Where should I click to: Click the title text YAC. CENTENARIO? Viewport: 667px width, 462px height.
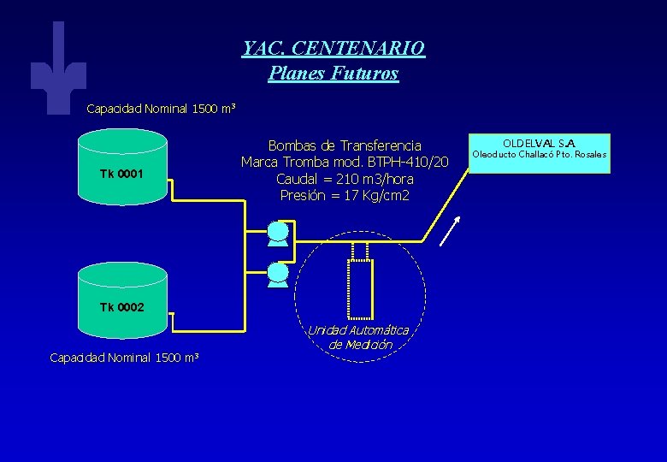click(333, 48)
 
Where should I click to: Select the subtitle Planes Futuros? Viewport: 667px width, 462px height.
click(333, 74)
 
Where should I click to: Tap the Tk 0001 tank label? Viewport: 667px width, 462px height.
click(121, 175)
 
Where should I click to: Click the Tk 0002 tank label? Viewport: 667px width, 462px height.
click(121, 307)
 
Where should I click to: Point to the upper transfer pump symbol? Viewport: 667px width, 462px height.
click(278, 233)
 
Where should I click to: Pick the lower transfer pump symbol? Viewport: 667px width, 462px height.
click(278, 275)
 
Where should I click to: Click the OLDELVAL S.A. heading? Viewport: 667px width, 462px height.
click(539, 142)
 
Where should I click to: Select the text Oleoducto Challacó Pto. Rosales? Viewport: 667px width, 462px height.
click(539, 155)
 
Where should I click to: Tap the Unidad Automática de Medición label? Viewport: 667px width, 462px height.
click(358, 337)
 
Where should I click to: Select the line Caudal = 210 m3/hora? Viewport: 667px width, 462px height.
click(345, 179)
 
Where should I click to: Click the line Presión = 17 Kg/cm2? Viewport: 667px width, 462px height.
click(345, 196)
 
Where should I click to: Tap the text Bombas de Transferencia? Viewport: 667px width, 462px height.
click(345, 145)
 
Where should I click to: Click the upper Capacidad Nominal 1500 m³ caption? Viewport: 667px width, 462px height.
click(161, 110)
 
